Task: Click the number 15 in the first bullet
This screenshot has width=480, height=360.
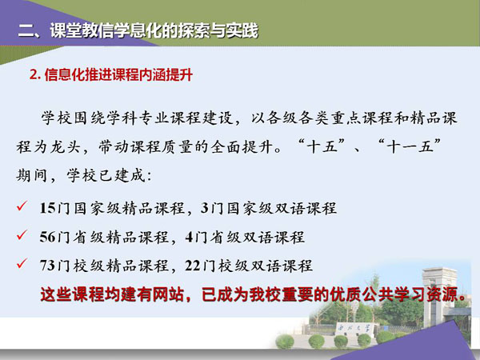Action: click(x=47, y=208)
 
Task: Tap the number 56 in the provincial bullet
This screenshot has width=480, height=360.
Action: click(x=47, y=237)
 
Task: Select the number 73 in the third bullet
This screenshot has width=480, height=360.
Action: click(x=47, y=266)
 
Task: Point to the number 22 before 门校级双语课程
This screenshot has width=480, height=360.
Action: click(x=193, y=266)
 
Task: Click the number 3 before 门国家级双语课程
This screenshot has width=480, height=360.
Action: click(x=205, y=208)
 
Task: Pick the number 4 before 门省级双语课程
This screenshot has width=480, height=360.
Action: click(x=189, y=237)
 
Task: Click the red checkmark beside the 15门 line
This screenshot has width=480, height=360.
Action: click(x=22, y=206)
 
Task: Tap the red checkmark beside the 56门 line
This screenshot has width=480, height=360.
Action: click(x=22, y=234)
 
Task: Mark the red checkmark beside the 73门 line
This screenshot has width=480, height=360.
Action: click(x=22, y=263)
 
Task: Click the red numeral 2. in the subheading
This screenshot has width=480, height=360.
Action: click(x=35, y=74)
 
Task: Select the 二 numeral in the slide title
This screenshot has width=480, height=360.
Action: click(x=26, y=31)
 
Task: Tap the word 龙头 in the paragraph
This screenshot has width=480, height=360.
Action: click(x=65, y=146)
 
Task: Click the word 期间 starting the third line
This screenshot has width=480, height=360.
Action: click(x=31, y=175)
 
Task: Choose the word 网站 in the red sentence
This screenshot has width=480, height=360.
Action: click(x=168, y=294)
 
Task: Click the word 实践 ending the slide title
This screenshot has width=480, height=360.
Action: click(x=242, y=30)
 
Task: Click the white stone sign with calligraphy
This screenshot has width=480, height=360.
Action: click(x=353, y=329)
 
